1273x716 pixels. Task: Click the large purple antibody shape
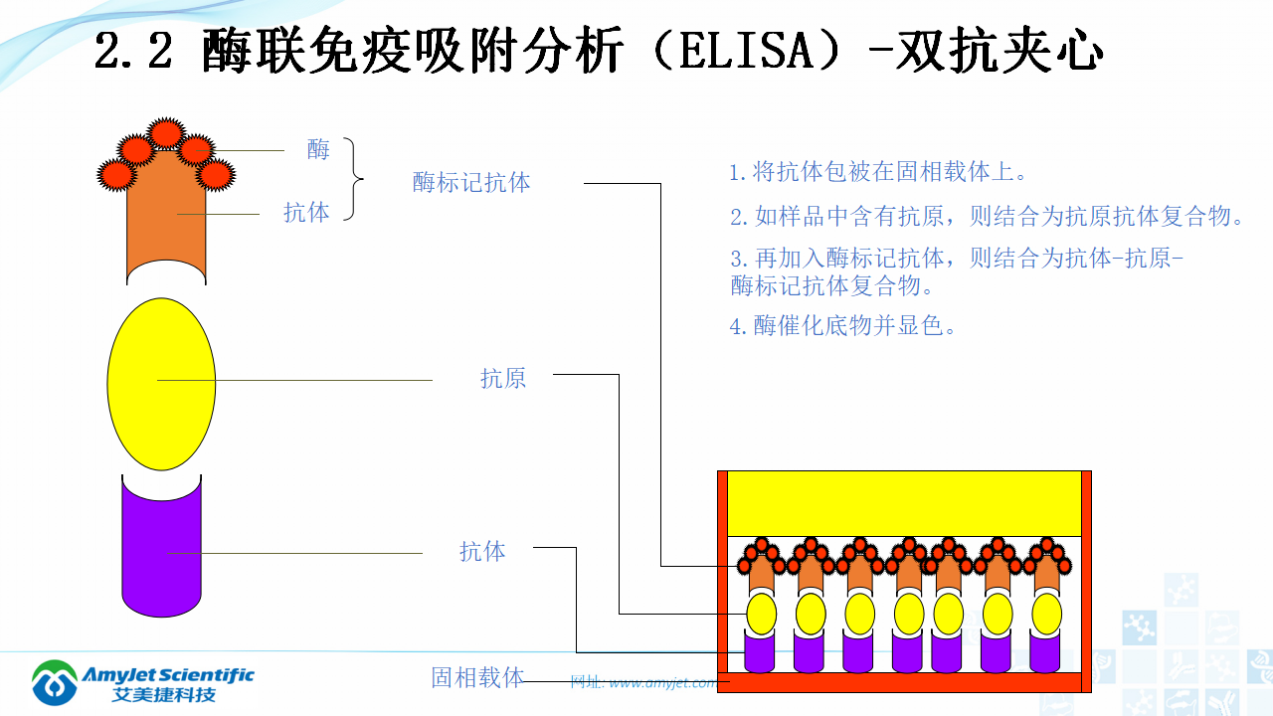[161, 557]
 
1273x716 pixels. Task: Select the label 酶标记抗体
[471, 183]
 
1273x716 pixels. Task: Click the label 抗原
[502, 379]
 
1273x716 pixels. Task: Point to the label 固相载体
[477, 678]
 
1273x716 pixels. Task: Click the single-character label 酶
[318, 150]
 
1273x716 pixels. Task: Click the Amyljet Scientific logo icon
[54, 683]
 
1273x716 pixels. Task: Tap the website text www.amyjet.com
[661, 683]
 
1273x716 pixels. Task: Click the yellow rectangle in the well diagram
[904, 503]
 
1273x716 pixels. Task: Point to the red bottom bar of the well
[904, 682]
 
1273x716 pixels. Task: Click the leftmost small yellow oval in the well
[762, 614]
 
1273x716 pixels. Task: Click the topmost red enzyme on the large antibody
[165, 132]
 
